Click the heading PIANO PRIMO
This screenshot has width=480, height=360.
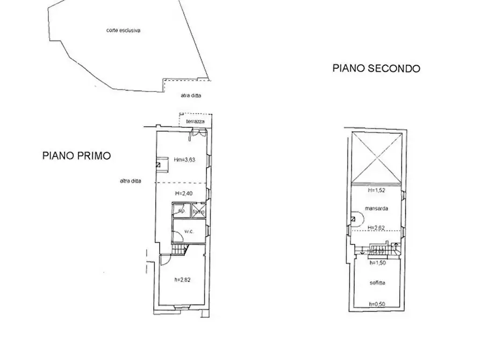[76, 156]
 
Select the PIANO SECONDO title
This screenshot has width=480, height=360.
[376, 68]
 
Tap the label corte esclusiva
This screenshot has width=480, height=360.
[123, 31]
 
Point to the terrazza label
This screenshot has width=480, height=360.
[195, 123]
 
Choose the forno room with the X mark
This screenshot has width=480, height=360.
[198, 211]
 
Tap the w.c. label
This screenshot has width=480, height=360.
[188, 232]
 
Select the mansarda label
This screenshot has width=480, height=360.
[376, 208]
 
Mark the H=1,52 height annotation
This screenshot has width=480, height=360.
[376, 190]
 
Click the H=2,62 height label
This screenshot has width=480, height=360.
[377, 228]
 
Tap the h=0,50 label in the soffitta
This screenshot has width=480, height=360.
[377, 305]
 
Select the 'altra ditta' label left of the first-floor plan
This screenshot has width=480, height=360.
[131, 181]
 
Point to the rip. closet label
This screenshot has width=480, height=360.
[182, 211]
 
